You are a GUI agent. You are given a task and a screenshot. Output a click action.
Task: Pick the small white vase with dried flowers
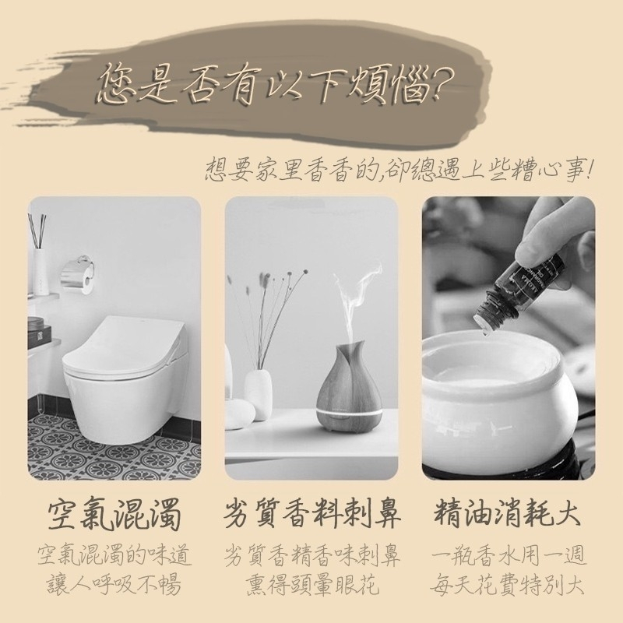[x=259, y=392]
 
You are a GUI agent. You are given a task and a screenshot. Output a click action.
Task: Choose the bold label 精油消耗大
[x=508, y=512]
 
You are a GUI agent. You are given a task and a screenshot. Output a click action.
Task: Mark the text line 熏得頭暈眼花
[x=311, y=584]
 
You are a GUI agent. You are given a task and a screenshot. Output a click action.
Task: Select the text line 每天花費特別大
[x=508, y=584]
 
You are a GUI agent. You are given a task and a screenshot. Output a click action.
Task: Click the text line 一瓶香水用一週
[x=509, y=555]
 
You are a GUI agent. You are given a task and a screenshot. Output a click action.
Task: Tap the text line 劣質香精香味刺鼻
[x=311, y=555]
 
